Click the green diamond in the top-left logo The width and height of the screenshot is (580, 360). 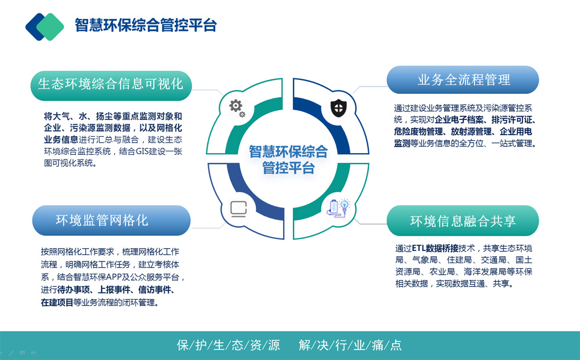(50, 27)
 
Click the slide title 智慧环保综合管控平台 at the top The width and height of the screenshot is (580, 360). (146, 25)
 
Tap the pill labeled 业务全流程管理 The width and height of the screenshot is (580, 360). (463, 80)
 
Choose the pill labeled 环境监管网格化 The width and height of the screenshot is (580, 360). (111, 220)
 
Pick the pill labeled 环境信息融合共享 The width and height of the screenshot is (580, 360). (463, 221)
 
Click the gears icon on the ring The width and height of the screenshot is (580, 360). (237, 108)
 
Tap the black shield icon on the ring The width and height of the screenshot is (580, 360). (339, 108)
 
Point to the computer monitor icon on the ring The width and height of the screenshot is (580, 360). (238, 209)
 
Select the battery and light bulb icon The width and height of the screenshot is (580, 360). (339, 208)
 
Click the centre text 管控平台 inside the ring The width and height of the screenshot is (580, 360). (288, 168)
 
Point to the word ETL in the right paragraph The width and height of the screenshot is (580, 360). (419, 248)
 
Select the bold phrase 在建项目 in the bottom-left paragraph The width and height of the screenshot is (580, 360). (57, 303)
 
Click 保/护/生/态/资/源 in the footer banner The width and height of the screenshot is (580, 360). (228, 345)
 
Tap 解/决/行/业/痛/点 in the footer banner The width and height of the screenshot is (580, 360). (350, 345)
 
